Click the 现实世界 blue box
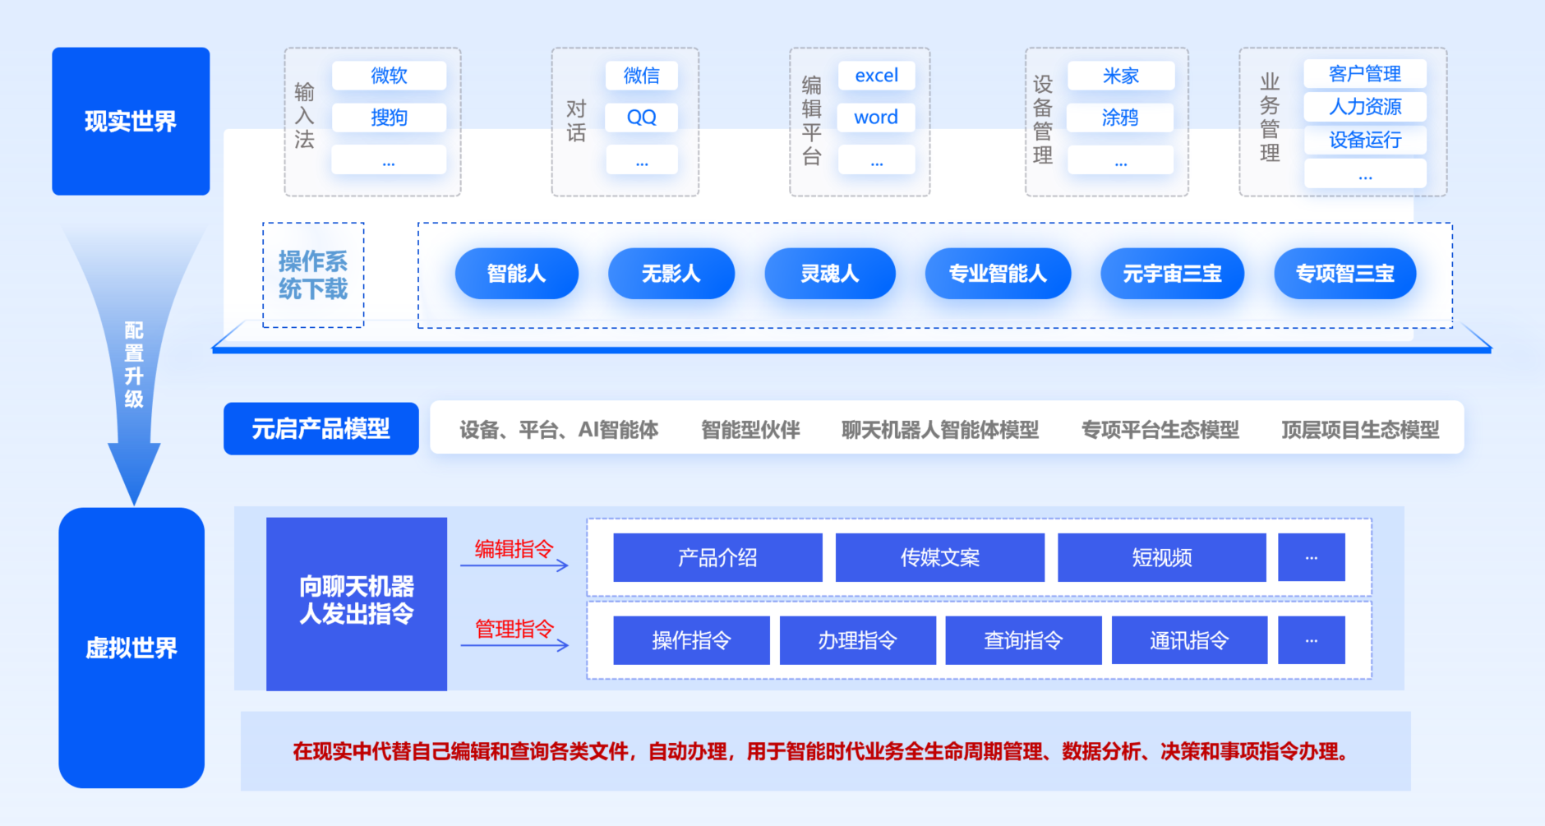coord(131,121)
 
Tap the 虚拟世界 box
coord(131,648)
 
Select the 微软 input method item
coord(389,76)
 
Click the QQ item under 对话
coord(641,118)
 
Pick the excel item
coord(876,76)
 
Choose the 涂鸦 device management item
coord(1119,118)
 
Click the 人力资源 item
coord(1364,107)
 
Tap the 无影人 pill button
coord(671,274)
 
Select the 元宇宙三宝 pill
coord(1172,274)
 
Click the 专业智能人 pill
coord(998,274)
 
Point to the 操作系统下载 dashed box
coord(313,275)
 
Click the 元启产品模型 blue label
coord(321,428)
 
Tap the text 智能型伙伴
coord(749,429)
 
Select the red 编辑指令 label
coord(514,549)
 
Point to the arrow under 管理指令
coord(514,646)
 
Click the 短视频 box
coord(1161,557)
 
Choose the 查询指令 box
coord(1023,640)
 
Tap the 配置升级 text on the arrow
coord(134,365)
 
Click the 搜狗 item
coord(389,118)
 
